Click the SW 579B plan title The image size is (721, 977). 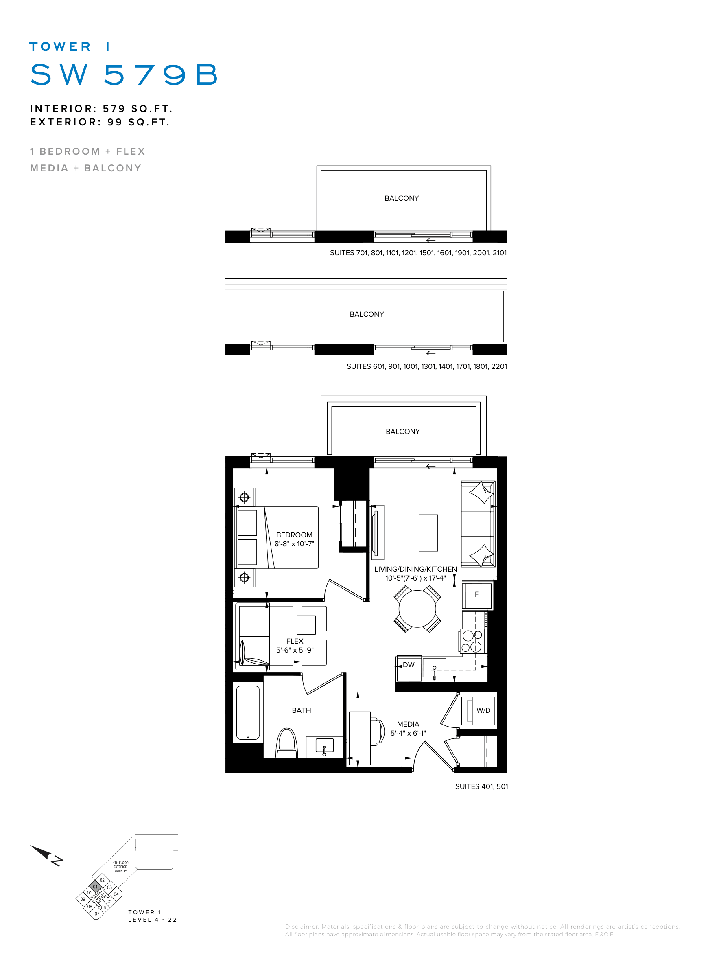[x=124, y=74]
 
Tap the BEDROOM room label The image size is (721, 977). [x=294, y=535]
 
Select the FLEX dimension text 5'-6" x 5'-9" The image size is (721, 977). [x=295, y=650]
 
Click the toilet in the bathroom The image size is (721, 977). [x=286, y=743]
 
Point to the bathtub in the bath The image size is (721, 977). [x=248, y=712]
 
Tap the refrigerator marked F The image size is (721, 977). [x=477, y=595]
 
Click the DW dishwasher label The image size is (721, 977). [x=409, y=665]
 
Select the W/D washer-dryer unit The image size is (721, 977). [x=478, y=710]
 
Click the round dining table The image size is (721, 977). [x=417, y=609]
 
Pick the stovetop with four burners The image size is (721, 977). [x=472, y=641]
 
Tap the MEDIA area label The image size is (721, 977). [x=408, y=724]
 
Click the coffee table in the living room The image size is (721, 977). [x=428, y=532]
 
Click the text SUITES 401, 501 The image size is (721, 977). [x=481, y=786]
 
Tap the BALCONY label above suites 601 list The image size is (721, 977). [x=367, y=314]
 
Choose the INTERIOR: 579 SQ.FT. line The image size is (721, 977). [x=101, y=108]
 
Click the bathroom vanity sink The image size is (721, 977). [x=324, y=746]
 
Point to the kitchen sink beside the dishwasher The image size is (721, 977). [x=434, y=668]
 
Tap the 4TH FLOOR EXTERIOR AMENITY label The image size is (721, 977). [x=120, y=867]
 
